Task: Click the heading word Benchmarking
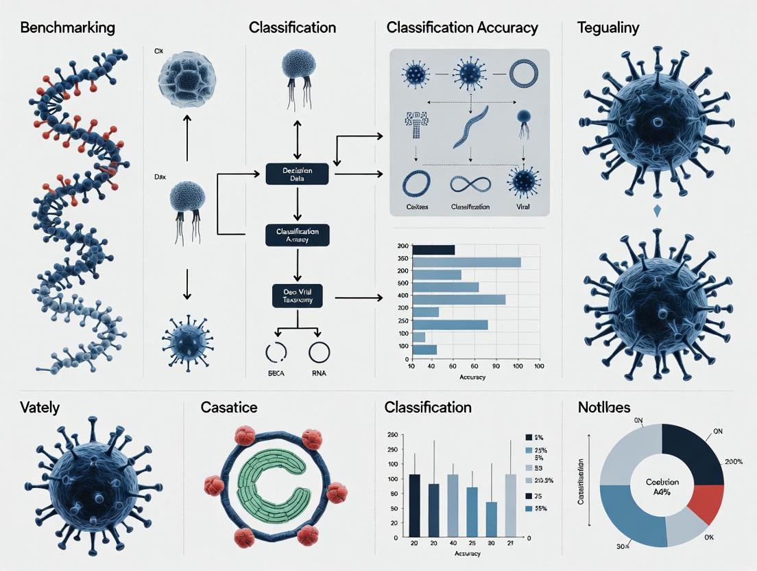67,28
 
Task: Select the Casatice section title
229,407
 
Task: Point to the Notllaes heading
603,407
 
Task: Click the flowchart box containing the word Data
297,174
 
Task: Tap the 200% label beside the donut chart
733,461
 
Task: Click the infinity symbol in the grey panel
470,184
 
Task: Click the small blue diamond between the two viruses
658,211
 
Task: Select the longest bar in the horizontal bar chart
466,261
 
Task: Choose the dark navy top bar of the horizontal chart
433,249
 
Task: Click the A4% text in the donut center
662,491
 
